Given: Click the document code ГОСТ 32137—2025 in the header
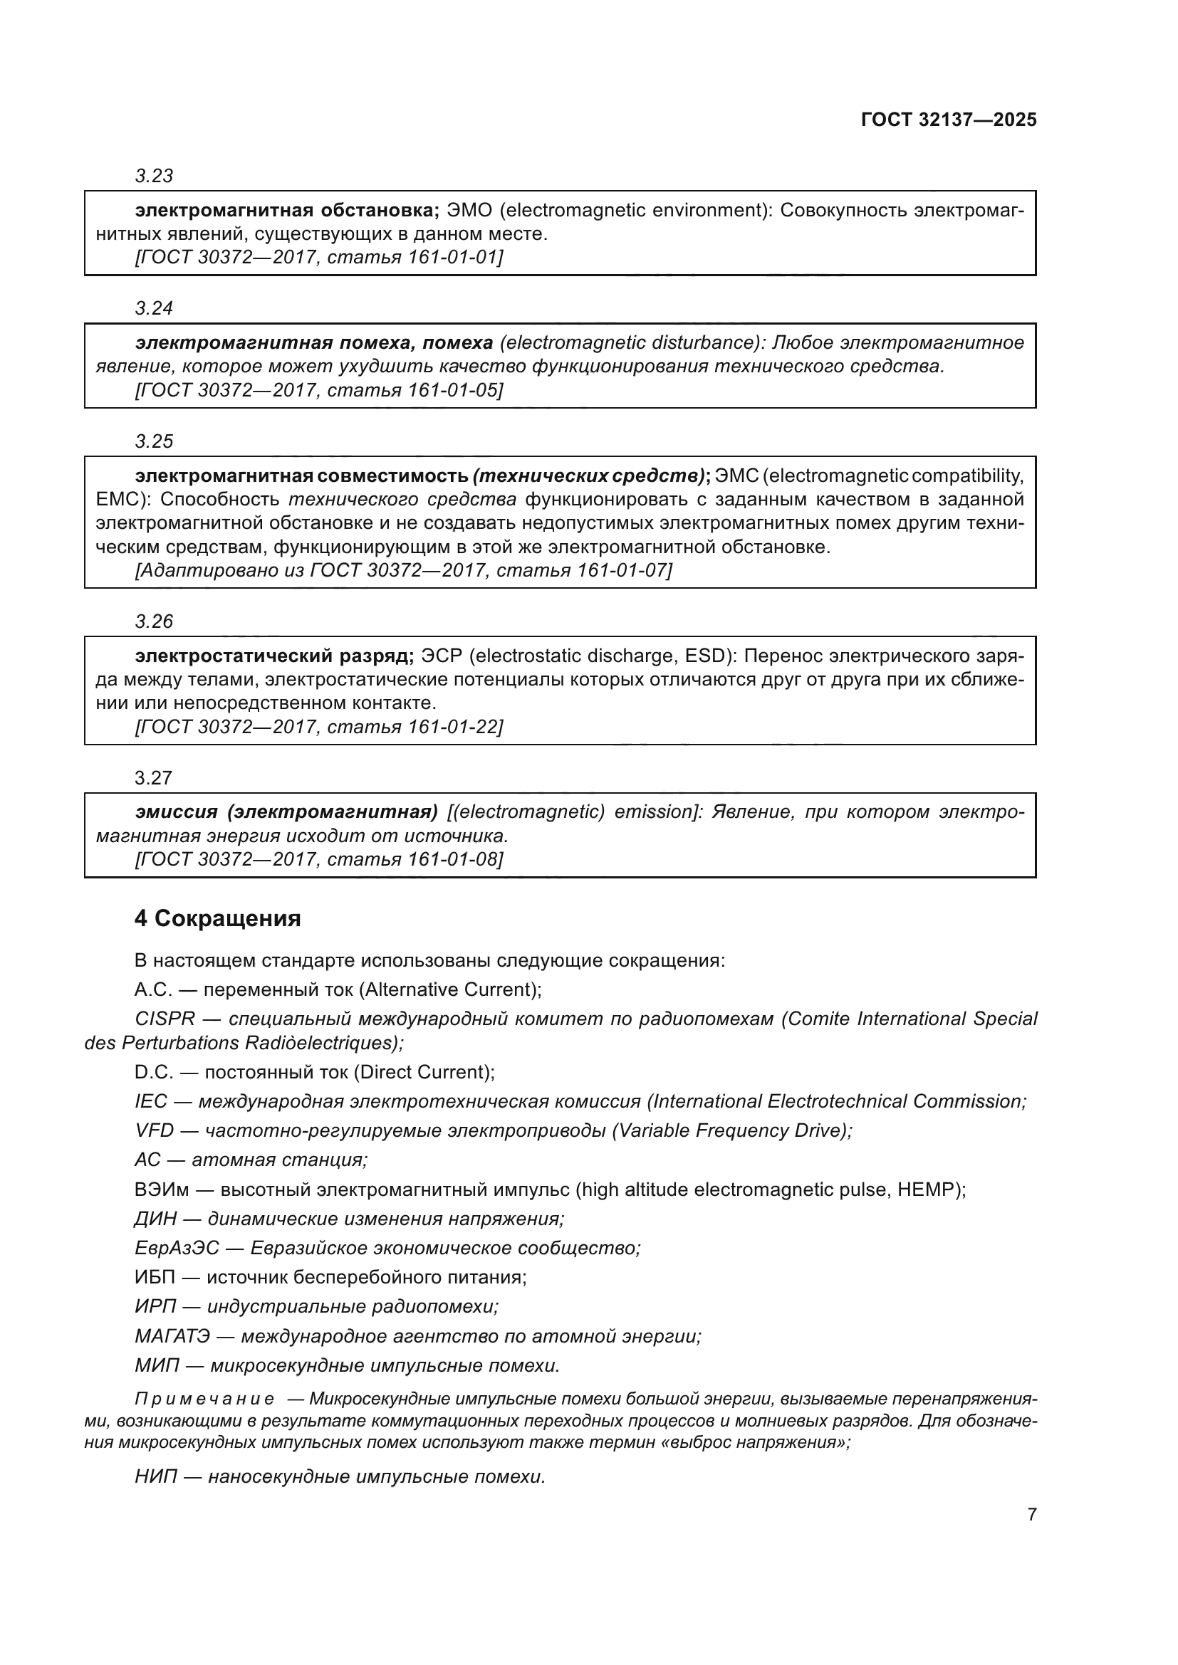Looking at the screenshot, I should [x=948, y=120].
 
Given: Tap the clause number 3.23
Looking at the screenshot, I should [x=154, y=177].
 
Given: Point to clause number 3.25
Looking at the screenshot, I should [x=154, y=441].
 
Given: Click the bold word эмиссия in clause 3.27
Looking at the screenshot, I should [x=176, y=812].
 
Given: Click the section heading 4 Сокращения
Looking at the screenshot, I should [x=218, y=919].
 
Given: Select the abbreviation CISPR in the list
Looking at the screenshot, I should [x=165, y=1019].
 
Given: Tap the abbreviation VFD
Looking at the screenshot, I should [x=154, y=1130].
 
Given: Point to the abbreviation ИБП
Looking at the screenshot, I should [x=155, y=1277].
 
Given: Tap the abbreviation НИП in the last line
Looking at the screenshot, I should [x=155, y=1477].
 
